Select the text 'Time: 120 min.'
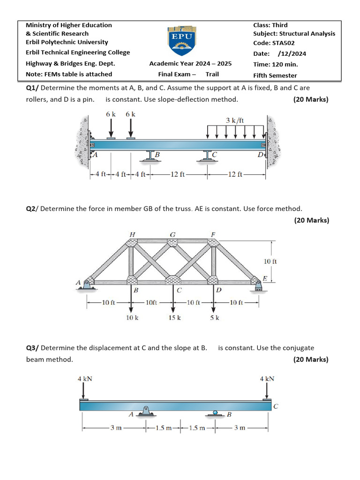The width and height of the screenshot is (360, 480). (275, 65)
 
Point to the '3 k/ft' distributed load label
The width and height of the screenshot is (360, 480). (235, 120)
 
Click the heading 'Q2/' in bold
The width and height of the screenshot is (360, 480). (32, 209)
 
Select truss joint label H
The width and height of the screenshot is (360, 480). (132, 234)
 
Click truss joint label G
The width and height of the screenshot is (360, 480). (172, 234)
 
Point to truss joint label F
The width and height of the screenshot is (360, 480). (213, 234)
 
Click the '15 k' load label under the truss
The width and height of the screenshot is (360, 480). (174, 318)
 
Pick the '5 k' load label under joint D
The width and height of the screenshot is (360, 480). (215, 318)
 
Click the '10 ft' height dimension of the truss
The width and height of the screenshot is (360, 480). (270, 261)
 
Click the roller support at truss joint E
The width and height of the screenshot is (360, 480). (257, 285)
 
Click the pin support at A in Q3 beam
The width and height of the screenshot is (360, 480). (147, 412)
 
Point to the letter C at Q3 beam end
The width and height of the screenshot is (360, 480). (276, 406)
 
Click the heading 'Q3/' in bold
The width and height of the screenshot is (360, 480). (32, 348)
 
